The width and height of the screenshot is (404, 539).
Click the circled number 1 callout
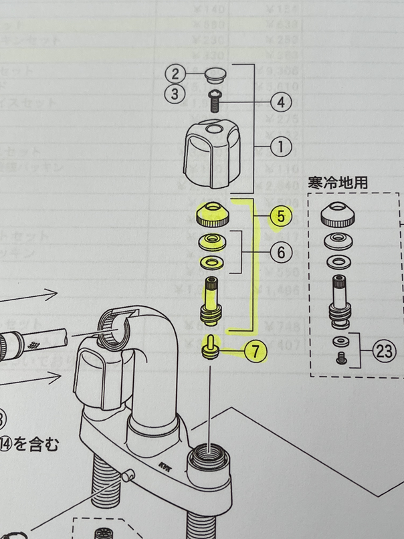pos(280,144)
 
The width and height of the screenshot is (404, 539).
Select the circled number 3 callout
pos(175,94)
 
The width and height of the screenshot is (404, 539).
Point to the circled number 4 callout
pos(280,102)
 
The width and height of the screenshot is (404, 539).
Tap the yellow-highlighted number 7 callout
pos(255,350)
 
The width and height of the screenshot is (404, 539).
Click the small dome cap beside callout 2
pos(214,73)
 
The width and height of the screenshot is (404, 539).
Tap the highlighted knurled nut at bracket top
pos(214,214)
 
